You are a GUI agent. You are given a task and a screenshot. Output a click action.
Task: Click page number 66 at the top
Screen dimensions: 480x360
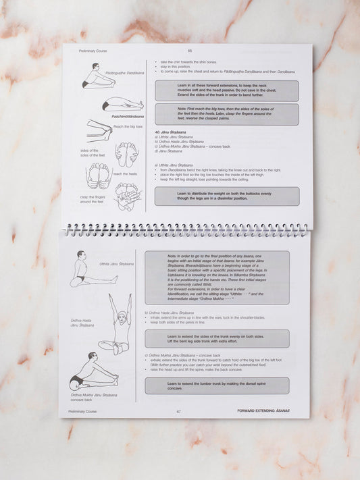click(x=190, y=51)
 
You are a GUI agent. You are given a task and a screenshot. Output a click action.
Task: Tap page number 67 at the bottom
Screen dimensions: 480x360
click(x=179, y=410)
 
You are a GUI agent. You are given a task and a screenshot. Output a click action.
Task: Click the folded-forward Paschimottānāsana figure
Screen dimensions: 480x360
click(x=123, y=105)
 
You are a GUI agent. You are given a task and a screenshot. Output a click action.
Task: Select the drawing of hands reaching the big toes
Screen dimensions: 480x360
click(x=99, y=129)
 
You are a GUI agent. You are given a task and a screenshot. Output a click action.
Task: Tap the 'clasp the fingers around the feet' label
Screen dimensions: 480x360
click(x=92, y=199)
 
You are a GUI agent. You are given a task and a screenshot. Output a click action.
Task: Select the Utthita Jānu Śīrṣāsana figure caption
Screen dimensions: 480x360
click(x=117, y=264)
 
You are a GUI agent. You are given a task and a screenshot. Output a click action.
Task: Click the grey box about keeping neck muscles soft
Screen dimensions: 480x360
click(x=226, y=91)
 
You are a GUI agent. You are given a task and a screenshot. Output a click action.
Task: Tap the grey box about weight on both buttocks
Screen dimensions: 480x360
click(x=226, y=196)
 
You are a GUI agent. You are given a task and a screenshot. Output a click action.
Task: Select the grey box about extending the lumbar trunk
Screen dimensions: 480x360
click(x=217, y=385)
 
